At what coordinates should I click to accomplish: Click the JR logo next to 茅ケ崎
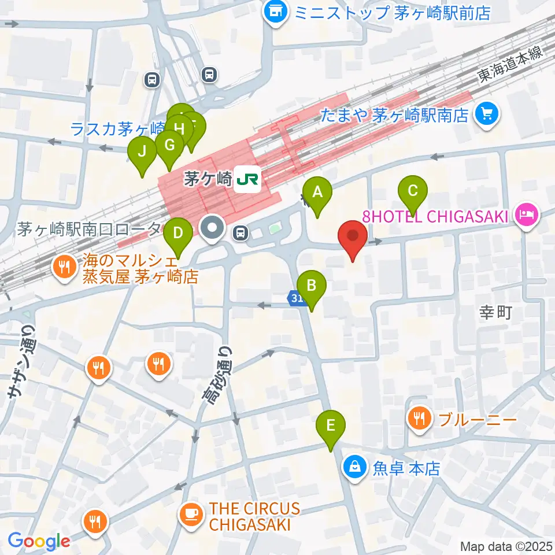pyautogui.click(x=247, y=180)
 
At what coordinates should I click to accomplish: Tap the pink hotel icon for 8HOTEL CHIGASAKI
pyautogui.click(x=527, y=216)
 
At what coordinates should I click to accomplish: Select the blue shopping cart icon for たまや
pyautogui.click(x=486, y=114)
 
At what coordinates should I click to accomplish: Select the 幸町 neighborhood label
pyautogui.click(x=496, y=313)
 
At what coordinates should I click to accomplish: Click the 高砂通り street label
pyautogui.click(x=217, y=376)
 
